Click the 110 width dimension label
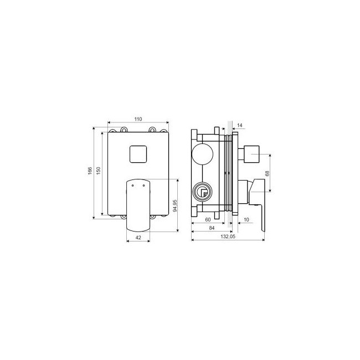(x=138, y=119)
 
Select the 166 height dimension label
(x=90, y=171)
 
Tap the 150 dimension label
(x=99, y=171)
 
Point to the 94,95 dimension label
(x=175, y=205)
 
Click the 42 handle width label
(x=138, y=238)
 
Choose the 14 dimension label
(x=240, y=125)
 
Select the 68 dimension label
(x=267, y=173)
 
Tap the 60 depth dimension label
(x=208, y=220)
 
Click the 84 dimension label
(x=212, y=228)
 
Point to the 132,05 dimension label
(x=228, y=236)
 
